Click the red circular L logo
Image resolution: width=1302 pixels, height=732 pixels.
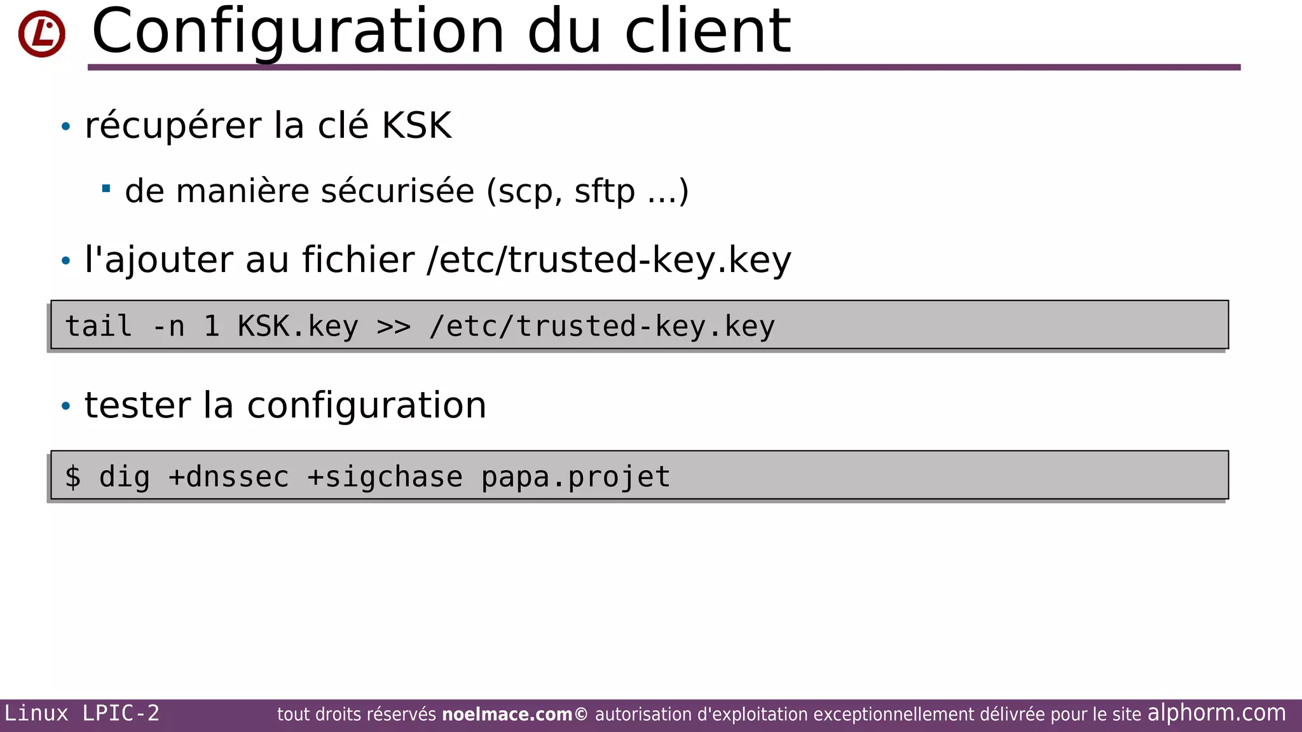42,34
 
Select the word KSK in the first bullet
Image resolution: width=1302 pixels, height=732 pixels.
416,125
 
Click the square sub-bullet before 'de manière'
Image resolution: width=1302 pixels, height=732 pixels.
106,188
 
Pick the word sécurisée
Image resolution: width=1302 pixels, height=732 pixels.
397,191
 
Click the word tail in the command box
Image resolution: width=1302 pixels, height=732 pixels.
99,327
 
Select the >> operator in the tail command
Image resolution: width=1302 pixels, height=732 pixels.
394,327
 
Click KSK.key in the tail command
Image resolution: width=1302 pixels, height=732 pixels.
298,327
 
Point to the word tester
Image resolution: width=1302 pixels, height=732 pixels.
137,405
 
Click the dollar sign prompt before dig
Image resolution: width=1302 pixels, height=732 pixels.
73,477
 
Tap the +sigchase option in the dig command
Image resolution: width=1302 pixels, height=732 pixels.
385,477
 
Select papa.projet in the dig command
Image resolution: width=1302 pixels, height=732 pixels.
575,477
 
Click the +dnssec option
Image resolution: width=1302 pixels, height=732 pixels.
228,477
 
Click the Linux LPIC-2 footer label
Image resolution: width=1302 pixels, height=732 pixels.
82,714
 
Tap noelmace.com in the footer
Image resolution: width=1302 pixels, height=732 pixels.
507,715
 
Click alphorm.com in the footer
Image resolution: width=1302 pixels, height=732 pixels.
1216,713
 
